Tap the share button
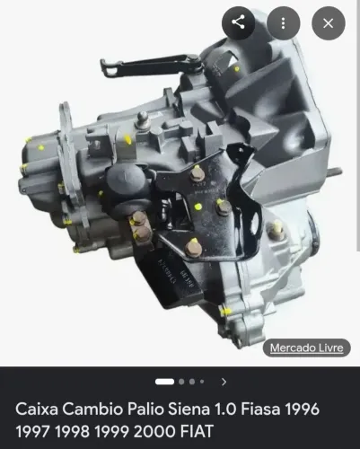(x=238, y=23)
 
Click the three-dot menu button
(x=283, y=23)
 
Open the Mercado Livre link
(x=306, y=348)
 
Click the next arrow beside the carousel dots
(x=224, y=382)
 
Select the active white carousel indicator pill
(x=164, y=382)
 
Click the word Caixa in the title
(x=37, y=409)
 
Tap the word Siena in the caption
(x=189, y=409)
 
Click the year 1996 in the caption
(x=302, y=409)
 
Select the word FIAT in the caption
(x=197, y=431)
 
